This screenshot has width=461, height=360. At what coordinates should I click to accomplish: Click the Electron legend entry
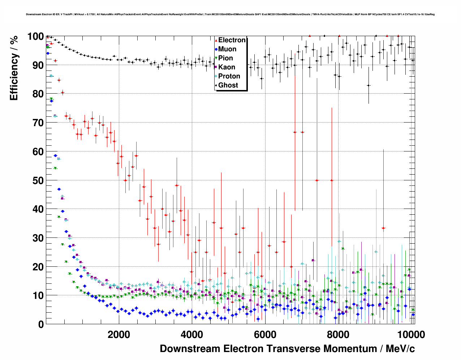(232, 40)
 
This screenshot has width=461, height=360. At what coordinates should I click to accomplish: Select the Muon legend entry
(227, 49)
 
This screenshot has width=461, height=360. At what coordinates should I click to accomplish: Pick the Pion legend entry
(225, 58)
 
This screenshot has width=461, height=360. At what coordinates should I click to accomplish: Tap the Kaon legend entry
(227, 67)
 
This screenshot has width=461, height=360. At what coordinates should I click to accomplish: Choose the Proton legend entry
(229, 76)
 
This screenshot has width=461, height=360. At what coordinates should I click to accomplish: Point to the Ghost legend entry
(228, 85)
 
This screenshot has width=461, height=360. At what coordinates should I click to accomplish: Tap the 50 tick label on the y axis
(38, 180)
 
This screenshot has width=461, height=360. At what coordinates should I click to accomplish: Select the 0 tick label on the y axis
(41, 324)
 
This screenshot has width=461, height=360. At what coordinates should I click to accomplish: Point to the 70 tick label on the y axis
(38, 123)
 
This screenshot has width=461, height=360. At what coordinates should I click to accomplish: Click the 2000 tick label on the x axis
(119, 335)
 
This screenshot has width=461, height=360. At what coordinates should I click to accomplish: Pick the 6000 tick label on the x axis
(265, 335)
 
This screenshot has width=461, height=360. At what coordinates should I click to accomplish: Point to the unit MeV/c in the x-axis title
(400, 349)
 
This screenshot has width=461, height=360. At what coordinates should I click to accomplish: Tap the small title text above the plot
(230, 14)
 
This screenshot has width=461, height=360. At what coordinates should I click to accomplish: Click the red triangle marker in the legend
(216, 40)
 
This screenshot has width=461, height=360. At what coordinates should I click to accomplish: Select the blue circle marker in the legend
(216, 50)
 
